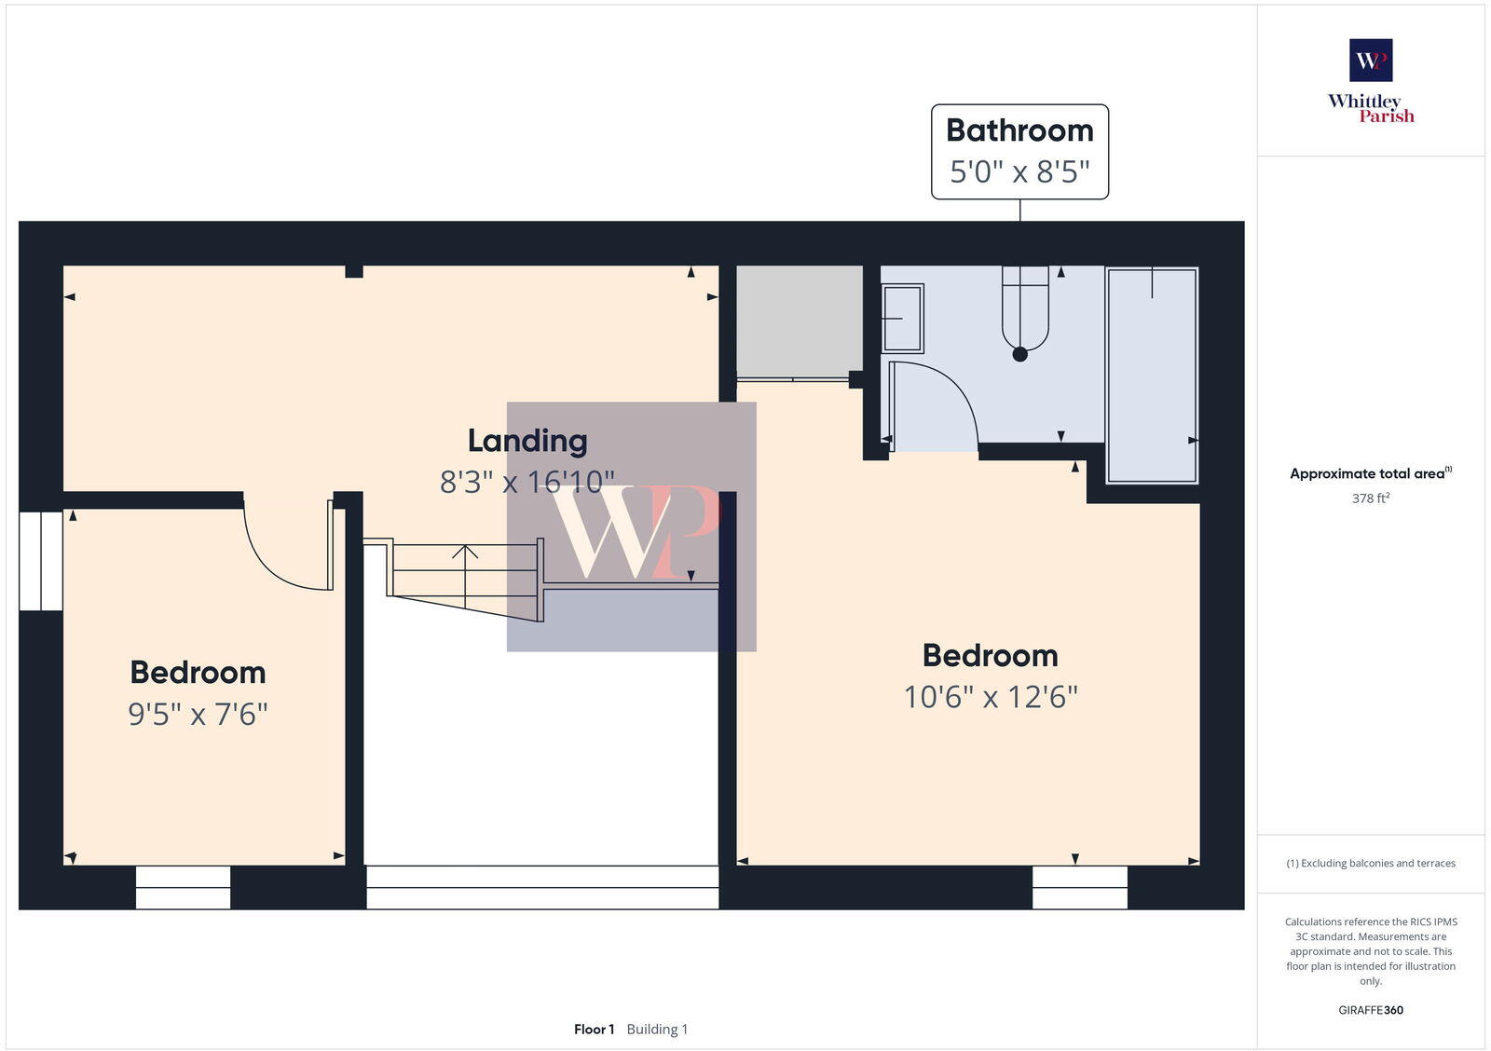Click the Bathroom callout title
coord(1019,130)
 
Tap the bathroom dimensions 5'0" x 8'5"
coord(1019,172)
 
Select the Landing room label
coord(527,441)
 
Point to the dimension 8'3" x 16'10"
coord(527,482)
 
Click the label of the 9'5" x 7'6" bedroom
coord(198,673)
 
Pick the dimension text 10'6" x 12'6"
coord(991,697)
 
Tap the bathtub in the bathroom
coord(1152,375)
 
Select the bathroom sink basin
coord(902,319)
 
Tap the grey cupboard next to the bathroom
coord(799,321)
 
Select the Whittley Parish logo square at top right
coord(1371,61)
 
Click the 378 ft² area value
coord(1371,498)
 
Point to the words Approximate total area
coord(1366,473)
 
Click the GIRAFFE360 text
coord(1371,1010)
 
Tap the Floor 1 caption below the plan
coord(594,1030)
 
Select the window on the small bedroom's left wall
coord(41,560)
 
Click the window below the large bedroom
coord(1080,887)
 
